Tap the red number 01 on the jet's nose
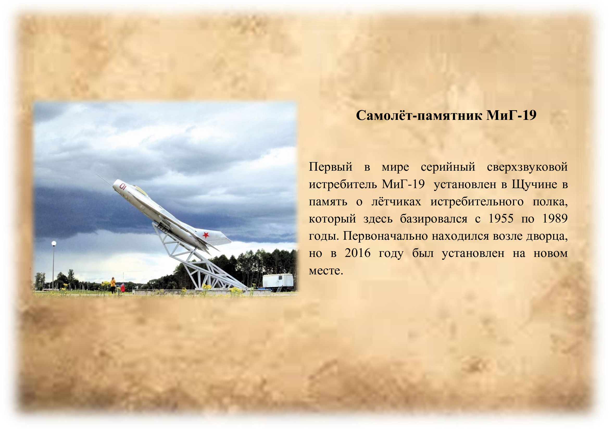123,186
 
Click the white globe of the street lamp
54,243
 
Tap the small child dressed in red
123,288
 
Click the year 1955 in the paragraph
501,219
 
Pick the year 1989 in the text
555,219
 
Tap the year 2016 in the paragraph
357,253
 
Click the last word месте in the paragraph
326,271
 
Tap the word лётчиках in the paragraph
396,202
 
